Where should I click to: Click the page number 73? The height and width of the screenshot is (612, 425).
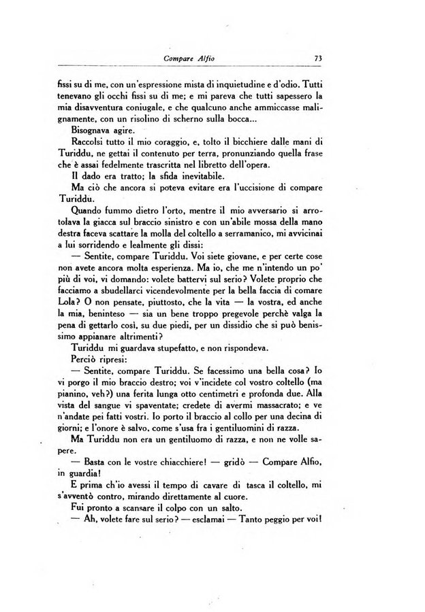tap(318, 59)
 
